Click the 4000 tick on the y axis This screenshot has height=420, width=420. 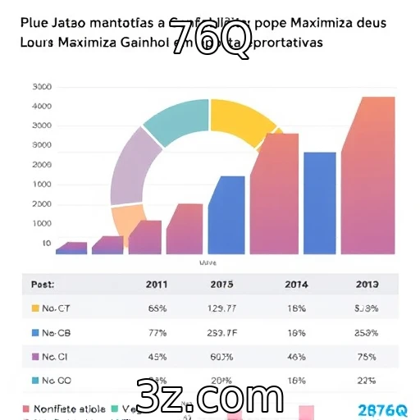41,106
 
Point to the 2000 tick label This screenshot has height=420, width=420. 41,164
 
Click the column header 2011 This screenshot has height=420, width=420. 157,285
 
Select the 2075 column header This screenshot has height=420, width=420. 221,285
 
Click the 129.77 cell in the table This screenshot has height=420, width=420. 221,308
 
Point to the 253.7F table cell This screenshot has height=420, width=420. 221,333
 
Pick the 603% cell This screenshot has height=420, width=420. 221,357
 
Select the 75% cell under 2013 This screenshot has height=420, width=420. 366,357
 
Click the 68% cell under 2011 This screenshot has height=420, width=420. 157,308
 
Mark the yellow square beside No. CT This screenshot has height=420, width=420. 34,308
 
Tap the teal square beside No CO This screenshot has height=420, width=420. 34,381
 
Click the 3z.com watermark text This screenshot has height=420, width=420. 212,398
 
